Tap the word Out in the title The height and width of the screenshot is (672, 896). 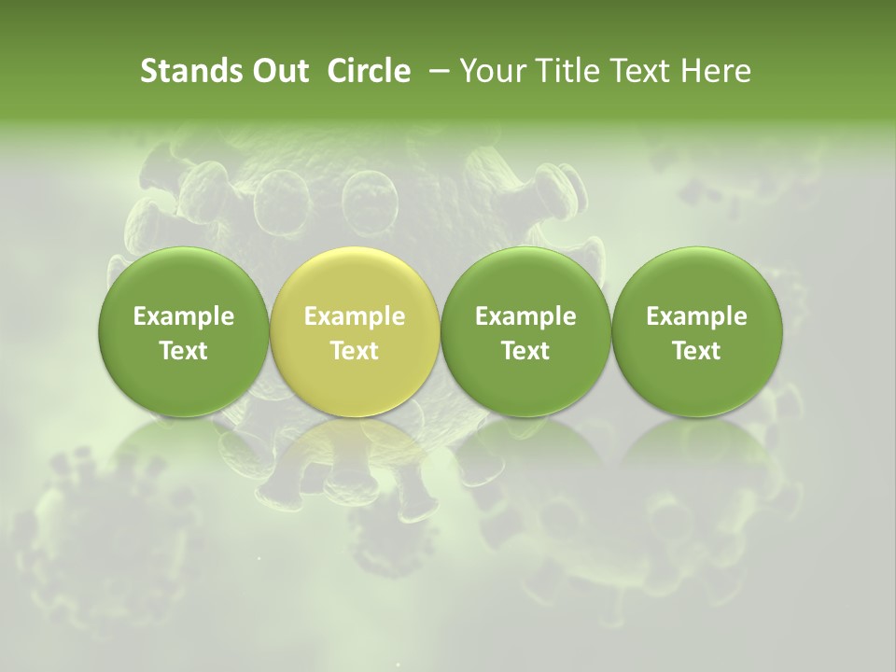pos(278,71)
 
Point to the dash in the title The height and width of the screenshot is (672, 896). pos(436,72)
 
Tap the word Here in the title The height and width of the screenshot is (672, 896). pos(714,71)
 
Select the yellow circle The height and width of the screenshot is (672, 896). pos(355,280)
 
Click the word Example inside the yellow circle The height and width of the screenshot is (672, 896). pos(355,316)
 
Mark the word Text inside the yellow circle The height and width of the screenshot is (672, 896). pos(355,351)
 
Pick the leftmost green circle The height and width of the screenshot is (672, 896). pos(184,280)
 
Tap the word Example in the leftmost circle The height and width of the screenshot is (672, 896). pos(184,316)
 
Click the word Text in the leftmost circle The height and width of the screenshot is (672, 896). pos(184,351)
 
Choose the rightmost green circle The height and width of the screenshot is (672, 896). pos(697,280)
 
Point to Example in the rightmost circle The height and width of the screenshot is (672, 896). pos(697,316)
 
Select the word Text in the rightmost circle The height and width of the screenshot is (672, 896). pos(697,351)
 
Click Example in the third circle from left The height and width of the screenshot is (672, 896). pos(525,316)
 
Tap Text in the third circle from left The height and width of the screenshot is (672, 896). pos(525,351)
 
